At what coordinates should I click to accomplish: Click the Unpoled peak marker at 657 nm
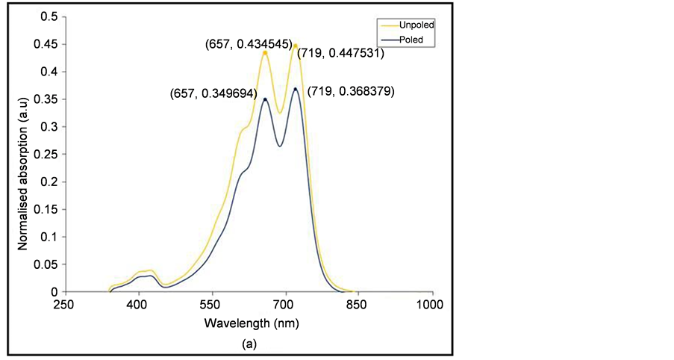(x=265, y=52)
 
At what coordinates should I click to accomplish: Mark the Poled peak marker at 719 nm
(x=296, y=89)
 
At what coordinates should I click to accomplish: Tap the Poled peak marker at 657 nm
(x=265, y=99)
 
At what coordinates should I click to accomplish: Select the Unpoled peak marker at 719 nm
(x=296, y=46)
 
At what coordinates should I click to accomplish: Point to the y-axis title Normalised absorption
(x=23, y=155)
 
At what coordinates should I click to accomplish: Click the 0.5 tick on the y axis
(x=49, y=16)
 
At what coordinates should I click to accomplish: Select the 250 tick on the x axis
(x=65, y=305)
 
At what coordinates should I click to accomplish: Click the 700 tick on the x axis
(x=284, y=305)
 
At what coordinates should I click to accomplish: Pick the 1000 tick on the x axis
(x=431, y=305)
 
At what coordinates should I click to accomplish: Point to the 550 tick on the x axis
(x=211, y=305)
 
